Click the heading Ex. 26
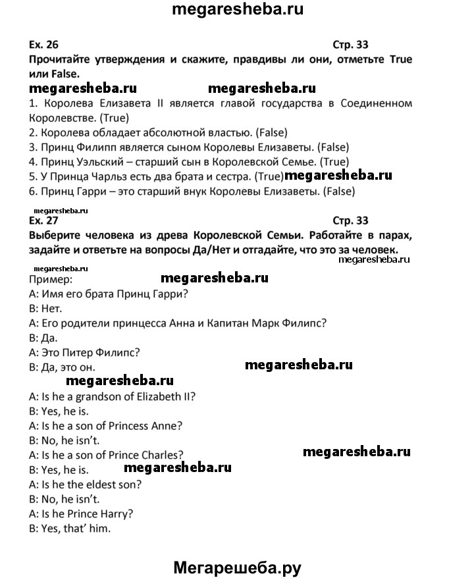44,45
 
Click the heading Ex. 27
44,221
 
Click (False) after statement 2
230,132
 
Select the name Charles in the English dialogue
161,454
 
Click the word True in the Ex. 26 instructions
401,60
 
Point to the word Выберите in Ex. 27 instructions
55,235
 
